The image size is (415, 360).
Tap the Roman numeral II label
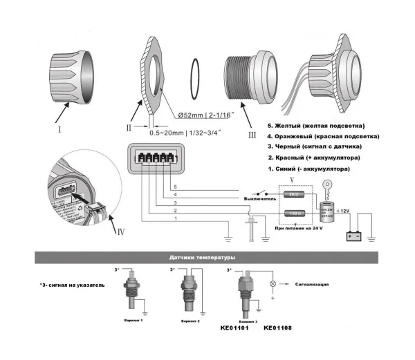point(129,126)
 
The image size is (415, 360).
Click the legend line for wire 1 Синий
point(308,169)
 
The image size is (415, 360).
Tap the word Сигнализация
point(315,284)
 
